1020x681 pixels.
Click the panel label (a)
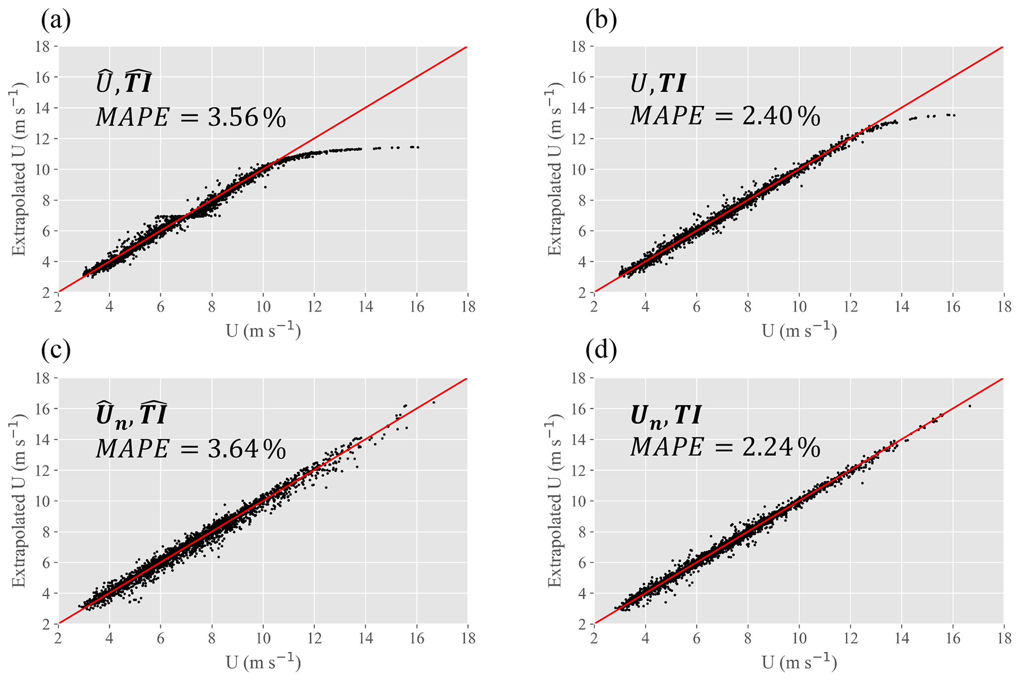click(56, 21)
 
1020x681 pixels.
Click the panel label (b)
click(601, 21)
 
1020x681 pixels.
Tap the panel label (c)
click(56, 350)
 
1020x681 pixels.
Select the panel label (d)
click(601, 350)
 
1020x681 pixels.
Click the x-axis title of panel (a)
click(263, 330)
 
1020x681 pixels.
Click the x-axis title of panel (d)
click(799, 662)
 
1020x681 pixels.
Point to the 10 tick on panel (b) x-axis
click(799, 307)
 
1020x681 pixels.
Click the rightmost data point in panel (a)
click(418, 147)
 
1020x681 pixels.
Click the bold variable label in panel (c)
click(131, 415)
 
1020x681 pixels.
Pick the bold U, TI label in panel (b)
click(658, 84)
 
